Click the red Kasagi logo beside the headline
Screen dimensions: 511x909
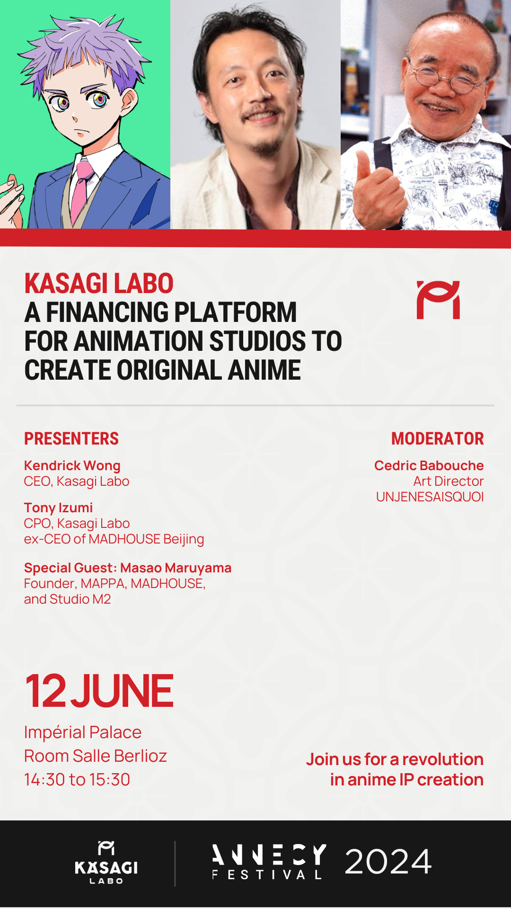[438, 300]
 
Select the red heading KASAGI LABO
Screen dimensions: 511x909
[99, 284]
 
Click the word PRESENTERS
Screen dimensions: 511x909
[71, 438]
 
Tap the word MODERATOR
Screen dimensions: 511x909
[438, 438]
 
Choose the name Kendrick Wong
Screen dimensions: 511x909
[72, 466]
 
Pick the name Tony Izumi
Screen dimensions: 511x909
[59, 508]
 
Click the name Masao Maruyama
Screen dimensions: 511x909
[176, 568]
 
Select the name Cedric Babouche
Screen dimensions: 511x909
[429, 465]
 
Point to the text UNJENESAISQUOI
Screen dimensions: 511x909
[430, 497]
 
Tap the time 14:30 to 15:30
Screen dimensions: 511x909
[77, 779]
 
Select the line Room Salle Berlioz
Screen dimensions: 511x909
[96, 756]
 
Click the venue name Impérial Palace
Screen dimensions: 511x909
[83, 732]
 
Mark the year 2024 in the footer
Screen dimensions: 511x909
[388, 862]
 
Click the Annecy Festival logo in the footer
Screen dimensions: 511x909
[269, 862]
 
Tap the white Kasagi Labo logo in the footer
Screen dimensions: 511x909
[106, 862]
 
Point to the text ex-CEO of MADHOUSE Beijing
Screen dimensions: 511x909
[114, 539]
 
